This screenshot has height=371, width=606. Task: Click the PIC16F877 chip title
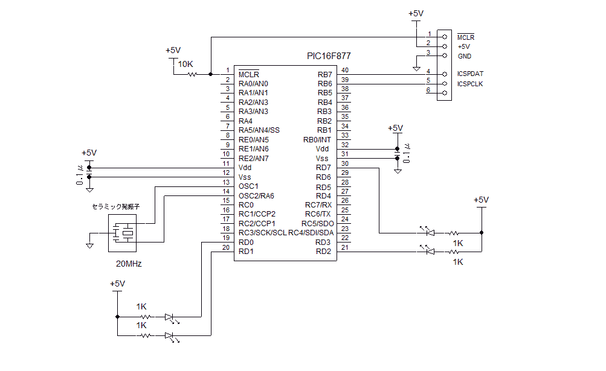tap(328, 56)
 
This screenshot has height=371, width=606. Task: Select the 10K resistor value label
tap(185, 63)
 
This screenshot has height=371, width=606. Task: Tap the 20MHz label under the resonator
tap(129, 264)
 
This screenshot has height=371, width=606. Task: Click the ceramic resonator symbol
tap(123, 233)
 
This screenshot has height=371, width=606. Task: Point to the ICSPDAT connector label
tap(470, 74)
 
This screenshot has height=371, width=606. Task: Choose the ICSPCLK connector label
tap(470, 84)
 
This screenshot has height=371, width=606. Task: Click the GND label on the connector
tap(464, 56)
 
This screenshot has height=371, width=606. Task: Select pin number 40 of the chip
tap(345, 71)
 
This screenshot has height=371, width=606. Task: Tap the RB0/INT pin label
tap(317, 140)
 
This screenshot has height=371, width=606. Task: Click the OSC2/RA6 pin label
tap(256, 195)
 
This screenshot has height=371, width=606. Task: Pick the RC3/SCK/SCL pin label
tap(262, 233)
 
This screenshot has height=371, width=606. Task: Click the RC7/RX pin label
tap(318, 205)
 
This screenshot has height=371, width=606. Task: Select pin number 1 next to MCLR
tap(227, 71)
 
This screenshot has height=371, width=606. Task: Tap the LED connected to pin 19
tap(169, 316)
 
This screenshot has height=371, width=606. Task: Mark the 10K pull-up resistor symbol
tap(192, 74)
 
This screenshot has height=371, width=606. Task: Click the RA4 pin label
tap(245, 121)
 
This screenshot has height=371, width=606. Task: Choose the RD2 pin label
tap(323, 252)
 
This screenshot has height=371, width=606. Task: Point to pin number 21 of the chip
tap(345, 248)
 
